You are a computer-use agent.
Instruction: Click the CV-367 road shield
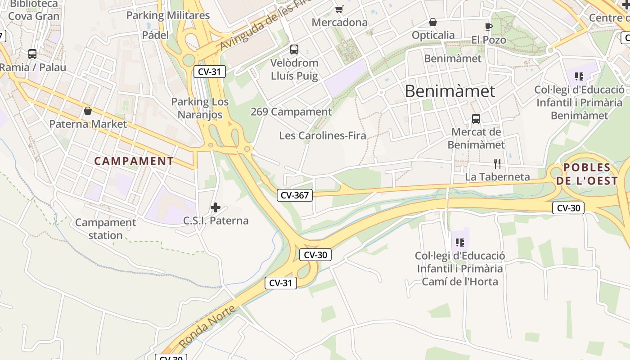(295, 195)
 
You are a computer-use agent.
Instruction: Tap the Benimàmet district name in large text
(450, 91)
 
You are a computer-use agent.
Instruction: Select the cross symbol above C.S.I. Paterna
(216, 207)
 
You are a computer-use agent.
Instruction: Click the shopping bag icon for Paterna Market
(88, 110)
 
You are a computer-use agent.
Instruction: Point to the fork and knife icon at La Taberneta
(497, 163)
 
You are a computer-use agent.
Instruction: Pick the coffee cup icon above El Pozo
(489, 27)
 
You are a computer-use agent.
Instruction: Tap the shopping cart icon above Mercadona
(339, 9)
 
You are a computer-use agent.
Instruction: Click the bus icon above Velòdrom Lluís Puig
(294, 49)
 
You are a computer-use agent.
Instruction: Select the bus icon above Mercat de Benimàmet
(476, 119)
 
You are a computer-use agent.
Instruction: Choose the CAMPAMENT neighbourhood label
(134, 161)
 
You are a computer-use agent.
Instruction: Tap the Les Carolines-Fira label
(322, 135)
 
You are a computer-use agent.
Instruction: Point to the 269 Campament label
(291, 112)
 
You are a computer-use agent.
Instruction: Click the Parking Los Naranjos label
(200, 108)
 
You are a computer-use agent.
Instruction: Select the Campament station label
(105, 229)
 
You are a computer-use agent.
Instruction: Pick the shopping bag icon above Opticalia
(433, 22)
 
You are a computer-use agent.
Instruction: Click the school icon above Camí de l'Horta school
(459, 243)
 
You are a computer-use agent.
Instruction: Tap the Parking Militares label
(168, 15)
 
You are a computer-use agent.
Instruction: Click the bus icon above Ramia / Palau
(32, 54)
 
